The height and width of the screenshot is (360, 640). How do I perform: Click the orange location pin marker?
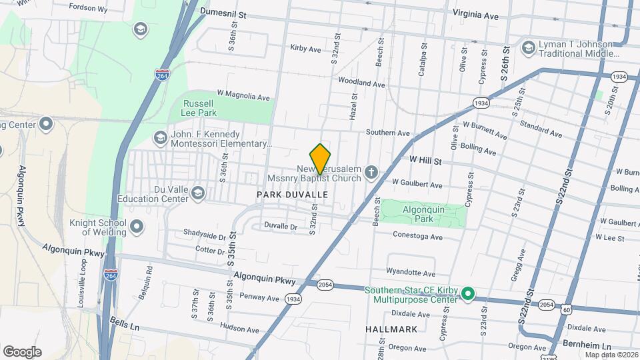[x=321, y=158]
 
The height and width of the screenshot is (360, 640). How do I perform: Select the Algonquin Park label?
[x=423, y=213]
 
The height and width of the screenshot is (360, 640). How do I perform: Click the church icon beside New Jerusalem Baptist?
[x=371, y=173]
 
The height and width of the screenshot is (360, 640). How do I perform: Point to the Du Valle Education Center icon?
[x=197, y=193]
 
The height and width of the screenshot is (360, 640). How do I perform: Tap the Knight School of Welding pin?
[x=137, y=227]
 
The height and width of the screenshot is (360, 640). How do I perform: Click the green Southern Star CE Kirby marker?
[x=468, y=293]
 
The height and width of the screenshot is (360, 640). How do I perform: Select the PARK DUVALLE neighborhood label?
[x=293, y=194]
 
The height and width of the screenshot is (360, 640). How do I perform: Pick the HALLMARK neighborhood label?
[x=391, y=329]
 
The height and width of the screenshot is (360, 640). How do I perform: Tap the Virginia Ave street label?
[x=475, y=15]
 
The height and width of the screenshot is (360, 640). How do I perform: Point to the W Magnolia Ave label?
[x=243, y=96]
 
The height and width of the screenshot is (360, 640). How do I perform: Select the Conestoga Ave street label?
[x=417, y=237]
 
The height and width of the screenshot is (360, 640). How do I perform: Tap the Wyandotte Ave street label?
[x=410, y=273]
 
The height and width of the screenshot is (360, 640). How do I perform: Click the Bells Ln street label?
[x=125, y=325]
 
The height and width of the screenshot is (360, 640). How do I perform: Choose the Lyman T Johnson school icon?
[x=528, y=47]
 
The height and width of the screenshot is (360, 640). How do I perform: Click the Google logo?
[x=22, y=352]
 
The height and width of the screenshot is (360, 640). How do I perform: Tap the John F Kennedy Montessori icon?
[x=160, y=138]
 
